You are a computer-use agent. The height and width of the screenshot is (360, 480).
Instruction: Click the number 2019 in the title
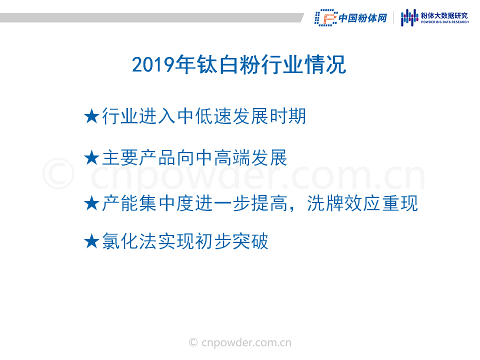tap(153, 64)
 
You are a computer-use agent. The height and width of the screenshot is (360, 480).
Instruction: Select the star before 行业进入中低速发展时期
tap(91, 116)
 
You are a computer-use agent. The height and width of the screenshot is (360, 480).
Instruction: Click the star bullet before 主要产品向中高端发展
tap(91, 158)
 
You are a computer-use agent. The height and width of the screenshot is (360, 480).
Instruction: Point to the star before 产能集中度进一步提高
tap(91, 203)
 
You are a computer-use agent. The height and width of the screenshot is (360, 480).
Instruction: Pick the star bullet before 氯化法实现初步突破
tap(91, 241)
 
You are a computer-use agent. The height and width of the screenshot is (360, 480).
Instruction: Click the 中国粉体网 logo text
tap(363, 18)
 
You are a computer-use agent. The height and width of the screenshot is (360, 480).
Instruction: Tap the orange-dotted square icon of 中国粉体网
tap(325, 18)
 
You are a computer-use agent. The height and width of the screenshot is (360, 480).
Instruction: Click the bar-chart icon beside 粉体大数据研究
tap(409, 18)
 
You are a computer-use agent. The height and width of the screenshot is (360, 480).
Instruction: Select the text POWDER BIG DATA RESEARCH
tap(444, 22)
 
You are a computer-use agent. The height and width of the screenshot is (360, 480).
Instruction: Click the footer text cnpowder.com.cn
tap(246, 342)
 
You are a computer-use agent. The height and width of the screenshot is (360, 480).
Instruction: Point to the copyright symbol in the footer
tap(193, 342)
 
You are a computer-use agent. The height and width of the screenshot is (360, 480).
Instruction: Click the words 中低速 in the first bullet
tap(204, 116)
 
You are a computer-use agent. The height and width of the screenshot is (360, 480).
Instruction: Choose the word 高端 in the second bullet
tap(232, 158)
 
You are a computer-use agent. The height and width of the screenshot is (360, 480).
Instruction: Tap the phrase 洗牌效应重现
tap(362, 203)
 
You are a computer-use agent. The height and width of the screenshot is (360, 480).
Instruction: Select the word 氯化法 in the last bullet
tap(130, 241)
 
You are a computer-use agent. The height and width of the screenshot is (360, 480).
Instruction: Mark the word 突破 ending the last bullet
tap(250, 241)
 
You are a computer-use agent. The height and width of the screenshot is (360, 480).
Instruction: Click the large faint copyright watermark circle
tap(58, 173)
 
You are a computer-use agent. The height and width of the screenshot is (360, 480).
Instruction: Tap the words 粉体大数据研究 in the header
tap(444, 15)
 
